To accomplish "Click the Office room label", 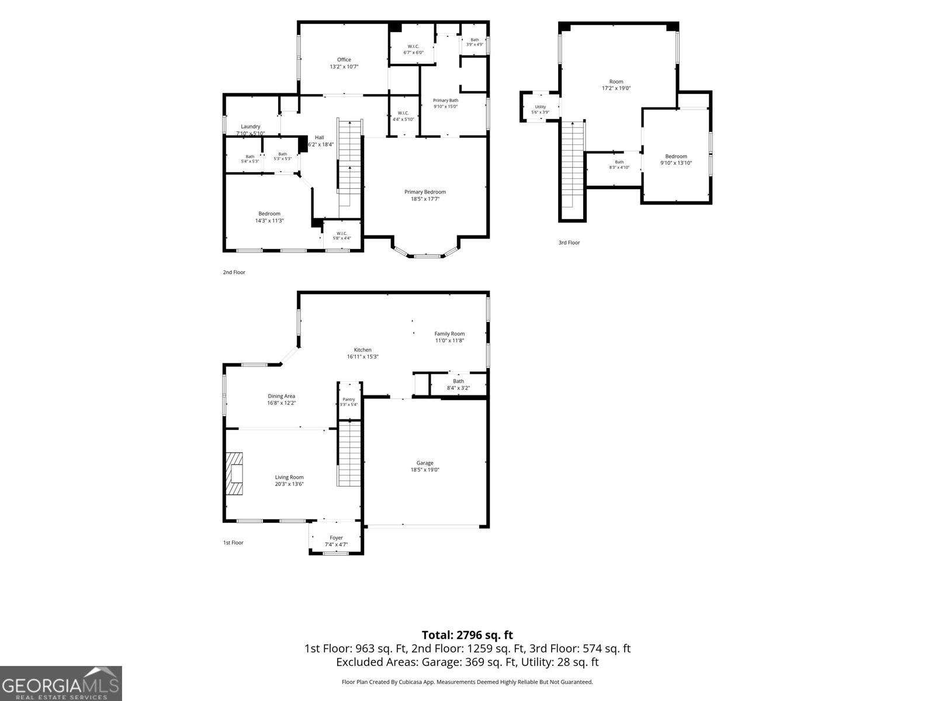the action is click(344, 60).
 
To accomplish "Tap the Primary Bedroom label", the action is click(425, 192).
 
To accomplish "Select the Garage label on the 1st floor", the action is click(425, 463).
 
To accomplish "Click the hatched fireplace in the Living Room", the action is click(234, 473).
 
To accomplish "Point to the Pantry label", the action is click(348, 399).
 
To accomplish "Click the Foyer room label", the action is click(336, 538).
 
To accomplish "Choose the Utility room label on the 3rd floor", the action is click(540, 107).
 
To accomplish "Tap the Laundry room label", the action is click(251, 126).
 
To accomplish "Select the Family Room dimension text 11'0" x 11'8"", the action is click(449, 341).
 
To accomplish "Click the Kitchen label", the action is click(362, 350).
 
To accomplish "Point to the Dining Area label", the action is click(281, 396).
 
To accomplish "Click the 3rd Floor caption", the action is click(569, 242).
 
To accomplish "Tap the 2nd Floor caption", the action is click(234, 272).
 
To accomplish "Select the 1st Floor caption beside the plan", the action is click(233, 543).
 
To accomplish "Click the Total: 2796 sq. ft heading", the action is click(467, 635).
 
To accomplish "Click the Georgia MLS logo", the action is click(61, 683).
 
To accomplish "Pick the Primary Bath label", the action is click(445, 100).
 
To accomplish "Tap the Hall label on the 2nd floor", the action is click(320, 137).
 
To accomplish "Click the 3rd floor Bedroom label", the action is click(676, 156).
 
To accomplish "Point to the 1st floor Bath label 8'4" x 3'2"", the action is click(458, 384).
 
